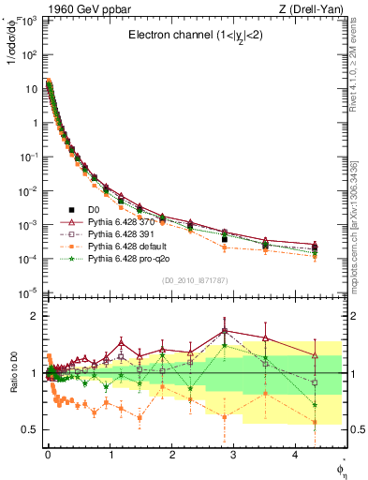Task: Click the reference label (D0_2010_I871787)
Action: point(195,280)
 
